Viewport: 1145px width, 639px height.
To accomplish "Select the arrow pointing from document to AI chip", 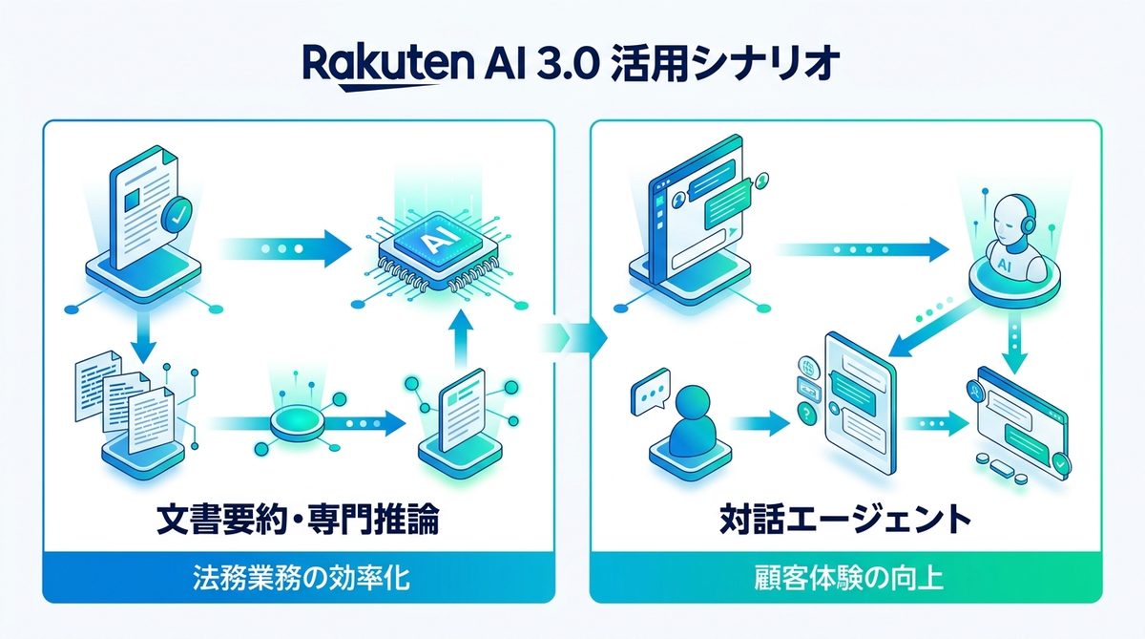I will [282, 247].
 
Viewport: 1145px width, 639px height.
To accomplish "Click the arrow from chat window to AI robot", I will [864, 248].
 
